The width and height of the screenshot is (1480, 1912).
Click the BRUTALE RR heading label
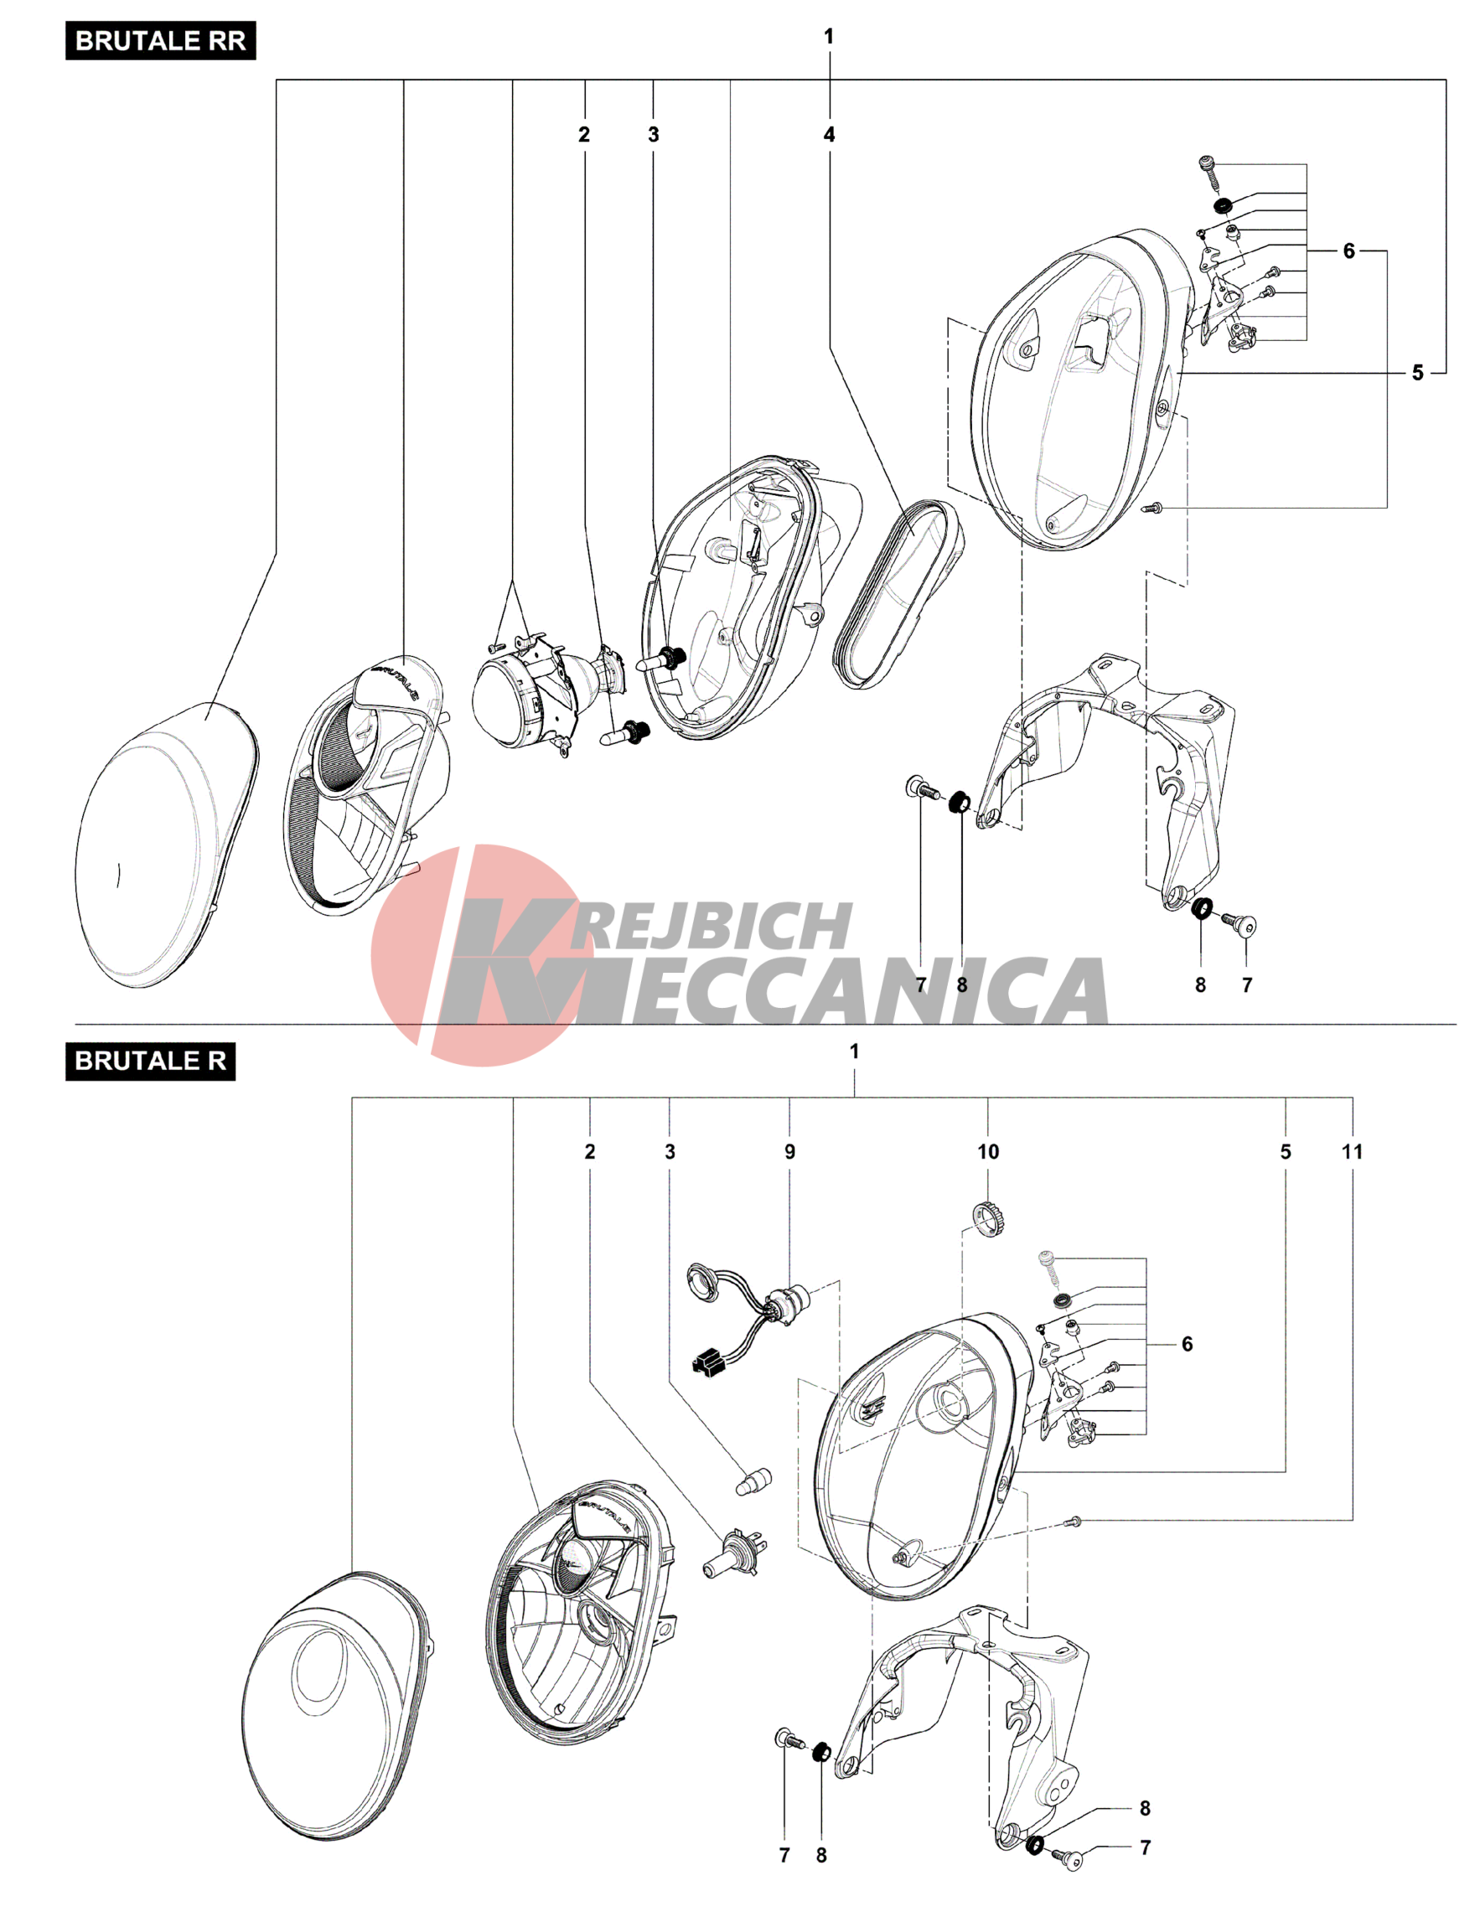pos(160,41)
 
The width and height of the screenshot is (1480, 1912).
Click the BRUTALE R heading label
pos(150,1060)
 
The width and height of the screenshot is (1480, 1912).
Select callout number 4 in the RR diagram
pos(829,134)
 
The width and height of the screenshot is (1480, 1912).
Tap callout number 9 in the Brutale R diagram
pos(789,1151)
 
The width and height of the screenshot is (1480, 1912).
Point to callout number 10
pos(988,1151)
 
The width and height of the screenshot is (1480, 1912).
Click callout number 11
pos(1351,1151)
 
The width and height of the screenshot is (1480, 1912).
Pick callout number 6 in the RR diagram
pos(1348,251)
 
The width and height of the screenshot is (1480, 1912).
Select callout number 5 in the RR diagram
pos(1417,373)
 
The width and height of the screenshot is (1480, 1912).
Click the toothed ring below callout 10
pos(987,1216)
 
